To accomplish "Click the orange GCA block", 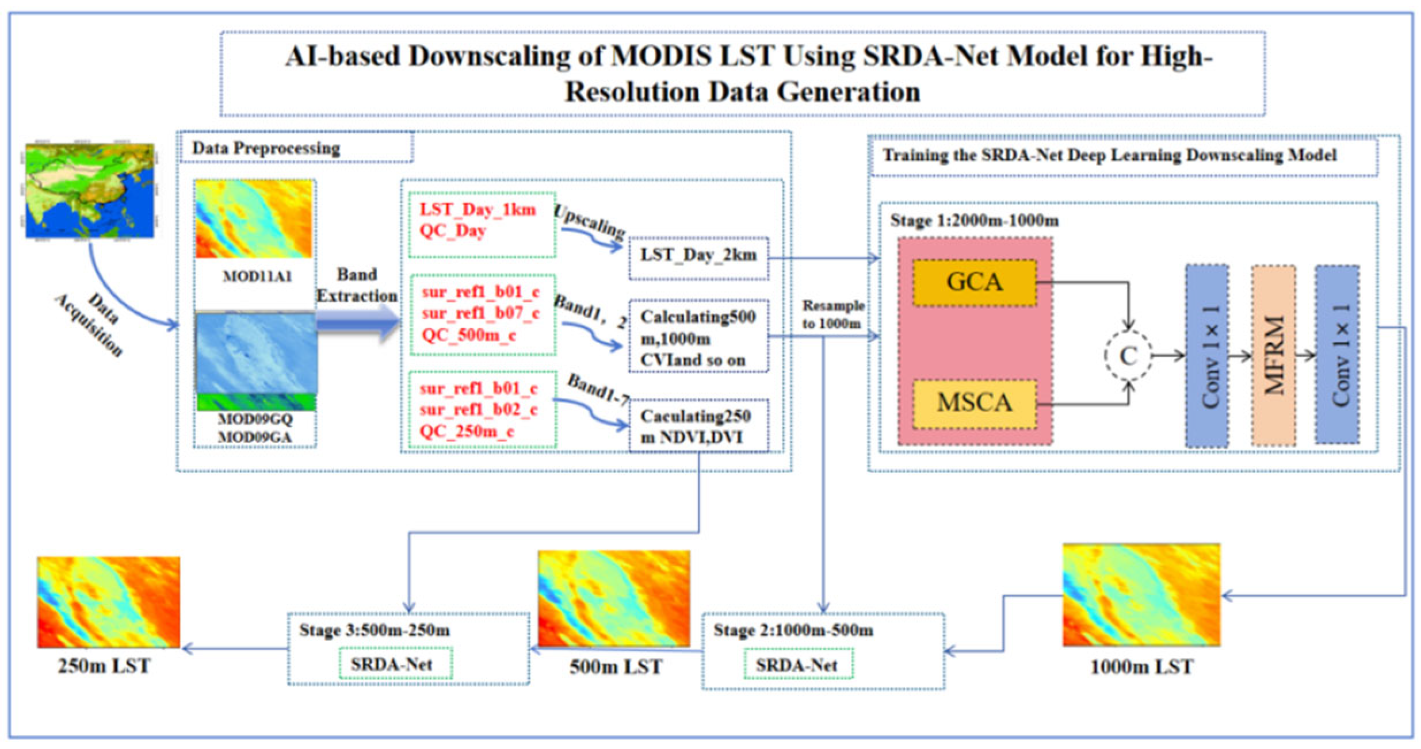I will pos(974,282).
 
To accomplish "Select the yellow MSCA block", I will pos(975,403).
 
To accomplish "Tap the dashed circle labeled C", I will pos(1128,356).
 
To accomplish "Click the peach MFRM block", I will pos(1274,355).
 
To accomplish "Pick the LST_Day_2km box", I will pos(698,256).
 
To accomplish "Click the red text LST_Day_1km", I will pos(478,210).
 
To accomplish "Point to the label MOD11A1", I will pos(257,277).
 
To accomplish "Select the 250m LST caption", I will pos(104,666).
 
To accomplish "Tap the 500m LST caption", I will pos(616,667).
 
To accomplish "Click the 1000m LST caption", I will pos(1141,667).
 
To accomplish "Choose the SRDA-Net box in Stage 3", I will pos(392,665).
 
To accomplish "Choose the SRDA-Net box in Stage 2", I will pos(797,665).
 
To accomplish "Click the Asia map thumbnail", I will pos(90,191).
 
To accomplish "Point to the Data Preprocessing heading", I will pos(266,148).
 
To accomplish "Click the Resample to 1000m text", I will pos(832,314).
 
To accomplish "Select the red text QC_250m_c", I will pos(467,431).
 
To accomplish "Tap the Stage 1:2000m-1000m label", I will pos(974,221).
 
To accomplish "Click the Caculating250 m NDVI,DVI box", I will pos(698,427).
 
